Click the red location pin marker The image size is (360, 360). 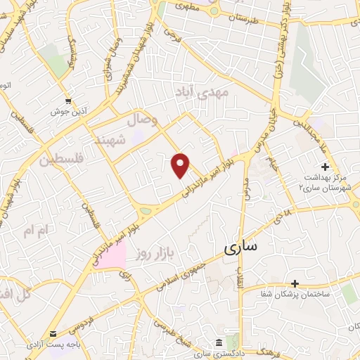tap(181, 165)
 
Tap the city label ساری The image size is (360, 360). tap(241, 247)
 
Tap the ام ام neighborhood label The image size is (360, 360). tap(38, 230)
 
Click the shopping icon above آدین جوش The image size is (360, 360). tap(68, 101)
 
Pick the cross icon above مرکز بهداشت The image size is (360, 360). tap(325, 167)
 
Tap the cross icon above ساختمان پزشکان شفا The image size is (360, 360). tap(295, 283)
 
